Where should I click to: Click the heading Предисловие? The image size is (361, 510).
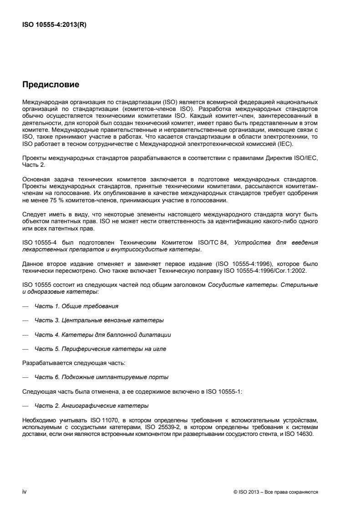pos(51,84)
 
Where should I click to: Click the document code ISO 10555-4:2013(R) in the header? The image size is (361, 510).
pos(54,25)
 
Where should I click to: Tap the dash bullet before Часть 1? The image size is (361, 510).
pos(25,305)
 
